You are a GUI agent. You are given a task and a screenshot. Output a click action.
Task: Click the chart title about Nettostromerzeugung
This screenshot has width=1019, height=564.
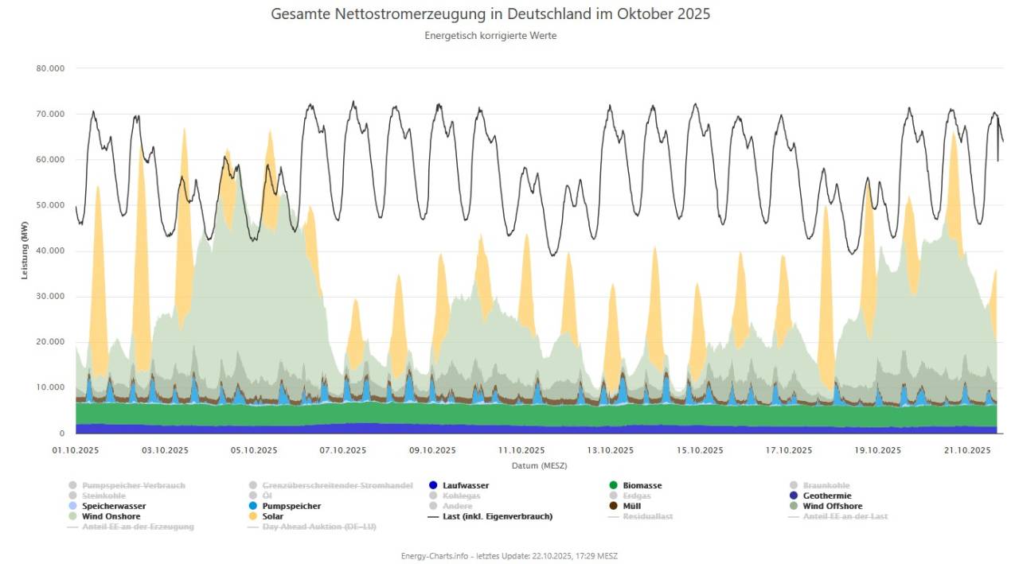[x=490, y=14]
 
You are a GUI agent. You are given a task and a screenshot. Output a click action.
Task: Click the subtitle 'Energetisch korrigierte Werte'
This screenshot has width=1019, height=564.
[x=490, y=36]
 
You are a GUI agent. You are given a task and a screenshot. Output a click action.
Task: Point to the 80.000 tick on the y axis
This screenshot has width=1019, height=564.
[x=50, y=68]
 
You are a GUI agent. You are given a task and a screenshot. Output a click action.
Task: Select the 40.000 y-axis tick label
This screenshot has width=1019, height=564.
[x=50, y=251]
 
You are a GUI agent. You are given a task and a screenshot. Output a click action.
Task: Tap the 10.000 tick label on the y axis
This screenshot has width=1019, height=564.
[x=50, y=388]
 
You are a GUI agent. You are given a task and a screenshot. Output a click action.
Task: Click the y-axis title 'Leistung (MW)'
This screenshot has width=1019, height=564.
[x=25, y=251]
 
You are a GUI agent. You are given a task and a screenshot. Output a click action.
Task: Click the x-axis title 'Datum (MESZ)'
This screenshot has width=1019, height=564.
[x=539, y=465]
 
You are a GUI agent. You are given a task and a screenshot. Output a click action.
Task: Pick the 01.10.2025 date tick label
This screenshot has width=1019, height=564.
[x=76, y=450]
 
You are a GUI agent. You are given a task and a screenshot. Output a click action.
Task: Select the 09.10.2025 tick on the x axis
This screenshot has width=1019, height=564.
[x=432, y=450]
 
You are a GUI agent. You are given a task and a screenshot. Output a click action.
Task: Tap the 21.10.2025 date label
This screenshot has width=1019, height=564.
[x=966, y=450]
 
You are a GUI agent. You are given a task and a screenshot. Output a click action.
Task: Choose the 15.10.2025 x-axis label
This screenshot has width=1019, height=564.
[x=700, y=450]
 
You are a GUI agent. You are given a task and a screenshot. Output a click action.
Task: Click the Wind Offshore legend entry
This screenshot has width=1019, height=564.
[x=832, y=506]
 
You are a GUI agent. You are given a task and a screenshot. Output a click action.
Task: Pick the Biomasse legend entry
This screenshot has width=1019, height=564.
[x=642, y=485]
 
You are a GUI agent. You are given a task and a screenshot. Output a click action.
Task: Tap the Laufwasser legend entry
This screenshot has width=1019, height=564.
[x=465, y=485]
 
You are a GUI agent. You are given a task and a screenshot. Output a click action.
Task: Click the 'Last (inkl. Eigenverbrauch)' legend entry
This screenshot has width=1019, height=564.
[x=497, y=516]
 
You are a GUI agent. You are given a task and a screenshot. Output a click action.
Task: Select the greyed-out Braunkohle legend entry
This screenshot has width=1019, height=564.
[x=826, y=485]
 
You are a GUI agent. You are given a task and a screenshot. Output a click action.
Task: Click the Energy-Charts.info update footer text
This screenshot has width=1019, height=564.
[x=509, y=556]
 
